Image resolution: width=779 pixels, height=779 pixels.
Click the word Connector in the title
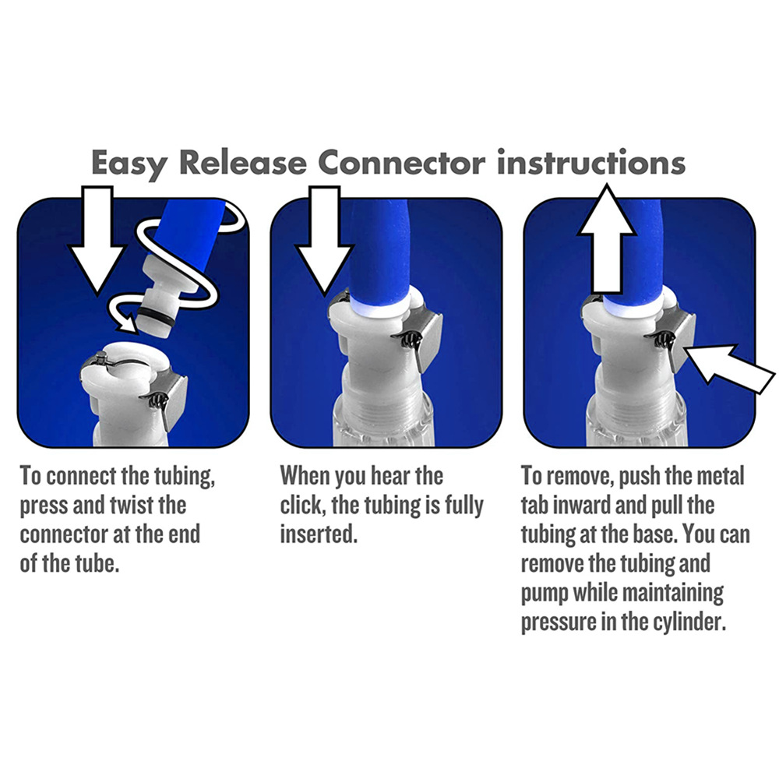coord(401,163)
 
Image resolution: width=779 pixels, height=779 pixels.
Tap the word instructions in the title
coord(591,162)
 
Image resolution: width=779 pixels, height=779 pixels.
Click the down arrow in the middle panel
coord(324,239)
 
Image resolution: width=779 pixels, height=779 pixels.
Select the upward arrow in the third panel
coord(607,238)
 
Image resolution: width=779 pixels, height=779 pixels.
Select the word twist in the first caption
coord(132,506)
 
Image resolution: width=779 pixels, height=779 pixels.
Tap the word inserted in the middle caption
coord(319,534)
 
